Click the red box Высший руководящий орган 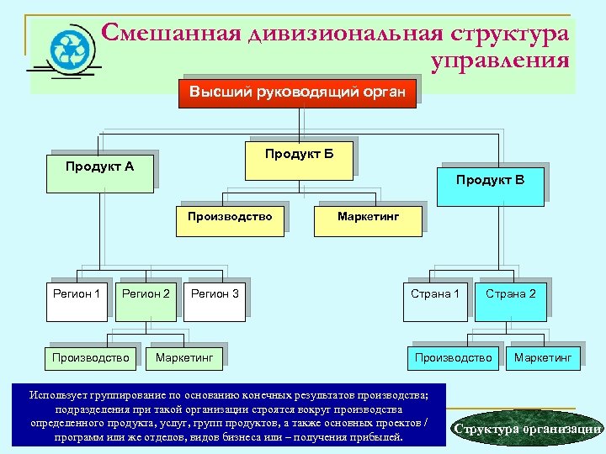297,91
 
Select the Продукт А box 99,173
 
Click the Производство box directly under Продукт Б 230,217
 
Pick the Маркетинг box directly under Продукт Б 368,217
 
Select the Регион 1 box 77,300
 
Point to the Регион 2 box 146,300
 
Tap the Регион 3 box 215,300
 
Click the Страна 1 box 434,300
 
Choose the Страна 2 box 510,300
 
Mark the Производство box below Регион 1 90,358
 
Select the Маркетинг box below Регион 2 183,358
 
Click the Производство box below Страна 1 453,358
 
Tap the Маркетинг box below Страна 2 542,358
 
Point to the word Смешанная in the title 171,33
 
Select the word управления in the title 499,61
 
